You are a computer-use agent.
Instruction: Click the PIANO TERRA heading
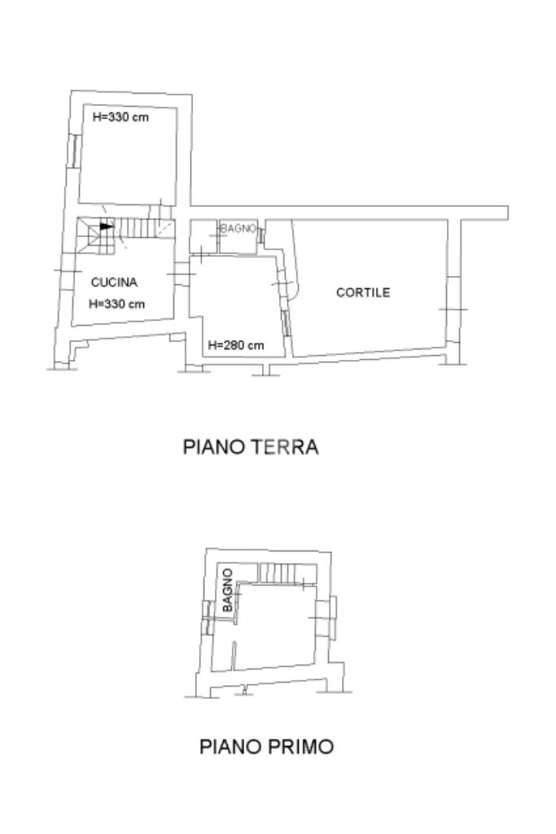tap(251, 447)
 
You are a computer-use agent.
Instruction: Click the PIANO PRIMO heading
tap(266, 747)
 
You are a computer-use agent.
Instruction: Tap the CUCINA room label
tap(114, 282)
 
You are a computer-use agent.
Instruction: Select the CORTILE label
tap(363, 292)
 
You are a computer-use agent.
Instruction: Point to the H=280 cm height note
tap(236, 345)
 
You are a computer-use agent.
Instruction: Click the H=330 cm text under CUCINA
tap(116, 305)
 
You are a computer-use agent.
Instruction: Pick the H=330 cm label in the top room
tap(120, 117)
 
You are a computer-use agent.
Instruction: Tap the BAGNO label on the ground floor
tap(239, 229)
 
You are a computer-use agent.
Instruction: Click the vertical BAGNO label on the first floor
tap(227, 590)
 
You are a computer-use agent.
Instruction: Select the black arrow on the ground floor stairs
tap(107, 226)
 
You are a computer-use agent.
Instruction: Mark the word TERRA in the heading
tap(284, 447)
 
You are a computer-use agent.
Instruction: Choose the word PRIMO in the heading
tap(300, 747)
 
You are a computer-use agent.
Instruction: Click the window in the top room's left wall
tap(74, 151)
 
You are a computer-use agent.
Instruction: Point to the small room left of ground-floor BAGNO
tap(204, 236)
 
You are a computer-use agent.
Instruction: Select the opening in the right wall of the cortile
tap(453, 309)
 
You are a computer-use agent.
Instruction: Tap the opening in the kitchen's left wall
tap(68, 271)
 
